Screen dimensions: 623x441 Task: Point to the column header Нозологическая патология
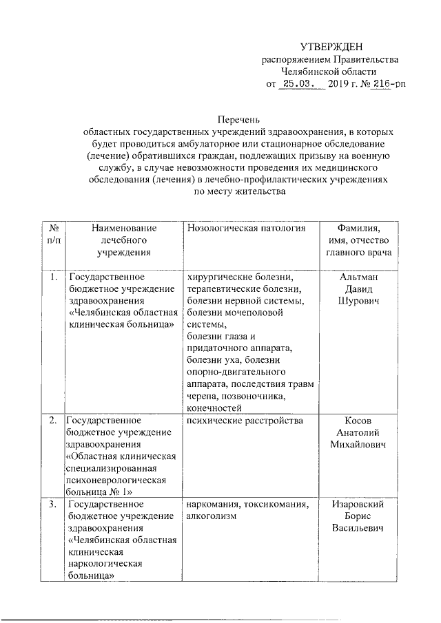245,228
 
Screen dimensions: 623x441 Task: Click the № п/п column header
52,234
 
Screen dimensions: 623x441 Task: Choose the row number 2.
52,421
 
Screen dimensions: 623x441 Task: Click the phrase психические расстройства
236,421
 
